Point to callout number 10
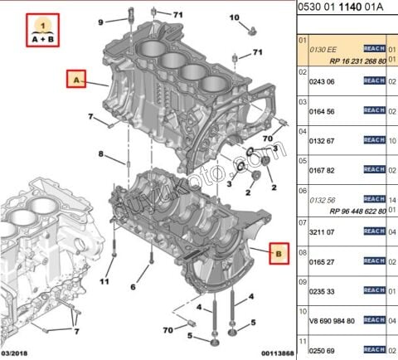point(234,17)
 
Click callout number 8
point(101,154)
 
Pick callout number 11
point(104,282)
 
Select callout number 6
point(133,288)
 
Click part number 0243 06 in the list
point(323,81)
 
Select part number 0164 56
point(323,111)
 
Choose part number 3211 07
point(323,233)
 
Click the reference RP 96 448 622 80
point(342,211)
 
